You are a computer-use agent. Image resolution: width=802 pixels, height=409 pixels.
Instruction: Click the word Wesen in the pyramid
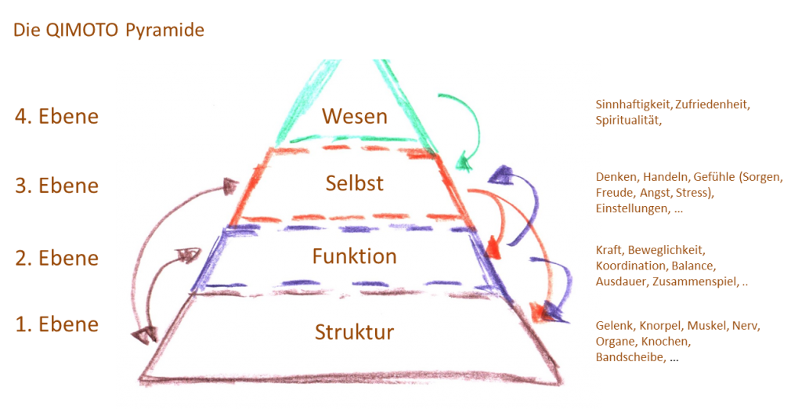pos(355,116)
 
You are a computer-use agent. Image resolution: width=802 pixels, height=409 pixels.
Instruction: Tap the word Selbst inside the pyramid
pos(355,183)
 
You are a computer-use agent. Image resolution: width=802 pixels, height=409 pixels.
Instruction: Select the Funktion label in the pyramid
pos(355,256)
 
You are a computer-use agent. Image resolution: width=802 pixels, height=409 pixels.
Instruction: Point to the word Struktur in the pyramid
pos(355,331)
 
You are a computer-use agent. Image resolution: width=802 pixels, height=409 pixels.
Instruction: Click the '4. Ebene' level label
pos(56,116)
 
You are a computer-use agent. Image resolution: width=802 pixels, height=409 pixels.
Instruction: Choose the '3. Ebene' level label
pos(56,186)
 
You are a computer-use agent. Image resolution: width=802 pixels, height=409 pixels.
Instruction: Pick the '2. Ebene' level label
pos(56,258)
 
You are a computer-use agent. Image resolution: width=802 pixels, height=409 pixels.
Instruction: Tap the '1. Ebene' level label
pos(56,324)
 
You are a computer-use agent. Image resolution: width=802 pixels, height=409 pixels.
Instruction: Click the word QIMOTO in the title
pos(83,30)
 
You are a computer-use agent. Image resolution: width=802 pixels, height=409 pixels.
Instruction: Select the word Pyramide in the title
pos(164,31)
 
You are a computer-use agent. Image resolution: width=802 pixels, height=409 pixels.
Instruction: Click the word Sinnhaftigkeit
pos(633,105)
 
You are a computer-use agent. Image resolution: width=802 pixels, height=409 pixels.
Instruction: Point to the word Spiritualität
pos(628,121)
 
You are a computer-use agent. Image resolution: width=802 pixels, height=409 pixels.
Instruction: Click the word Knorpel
pos(661,326)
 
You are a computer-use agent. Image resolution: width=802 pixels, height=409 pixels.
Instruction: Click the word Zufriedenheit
pos(712,105)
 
